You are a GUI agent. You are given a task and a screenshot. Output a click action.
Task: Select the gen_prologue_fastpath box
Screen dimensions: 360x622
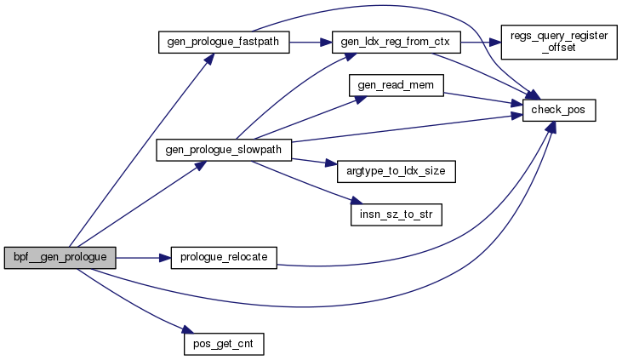tap(224, 42)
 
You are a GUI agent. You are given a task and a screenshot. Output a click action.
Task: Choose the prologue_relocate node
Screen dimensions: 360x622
tap(225, 257)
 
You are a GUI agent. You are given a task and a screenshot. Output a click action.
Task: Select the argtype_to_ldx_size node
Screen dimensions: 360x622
tap(396, 171)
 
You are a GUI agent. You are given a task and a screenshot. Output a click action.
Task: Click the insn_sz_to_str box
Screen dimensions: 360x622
tap(396, 214)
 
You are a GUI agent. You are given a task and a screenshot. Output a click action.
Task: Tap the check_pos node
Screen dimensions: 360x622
tap(558, 111)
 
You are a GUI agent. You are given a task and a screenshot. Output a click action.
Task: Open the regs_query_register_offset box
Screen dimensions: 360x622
tap(558, 42)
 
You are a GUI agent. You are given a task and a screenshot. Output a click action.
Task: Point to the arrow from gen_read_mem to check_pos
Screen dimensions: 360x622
tap(476, 99)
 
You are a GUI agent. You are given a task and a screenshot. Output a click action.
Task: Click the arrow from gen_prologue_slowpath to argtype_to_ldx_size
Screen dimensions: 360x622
tap(311, 160)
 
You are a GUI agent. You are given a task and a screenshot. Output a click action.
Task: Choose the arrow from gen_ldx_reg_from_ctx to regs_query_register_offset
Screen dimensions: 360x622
tap(481, 42)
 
